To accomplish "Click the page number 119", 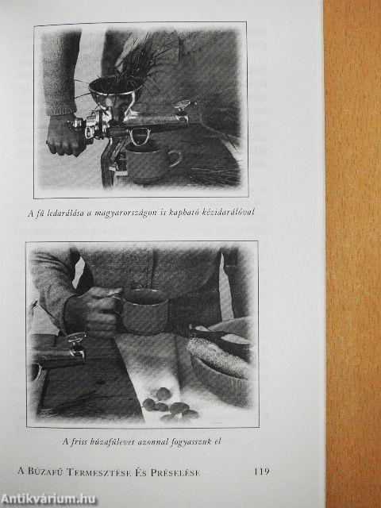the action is (262, 471).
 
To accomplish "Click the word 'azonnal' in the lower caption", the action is (152, 441).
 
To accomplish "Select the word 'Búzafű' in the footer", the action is (46, 471).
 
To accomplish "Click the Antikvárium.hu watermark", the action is (48, 499).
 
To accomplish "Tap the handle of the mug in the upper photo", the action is (175, 158).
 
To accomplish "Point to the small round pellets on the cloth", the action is (169, 406).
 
